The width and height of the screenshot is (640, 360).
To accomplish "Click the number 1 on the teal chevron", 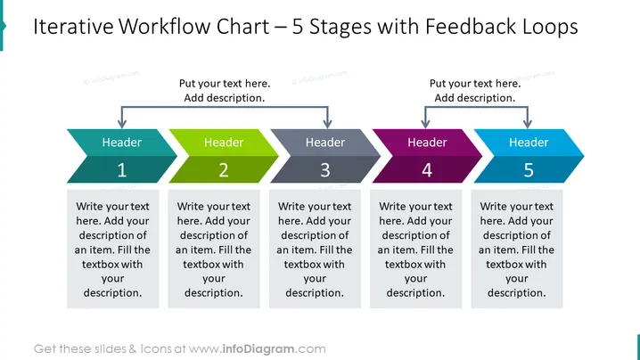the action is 121,170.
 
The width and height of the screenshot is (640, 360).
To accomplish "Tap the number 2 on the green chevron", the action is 223,170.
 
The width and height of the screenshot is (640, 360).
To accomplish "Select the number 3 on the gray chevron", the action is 324,170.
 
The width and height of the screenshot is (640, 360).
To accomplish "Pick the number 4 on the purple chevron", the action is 427,170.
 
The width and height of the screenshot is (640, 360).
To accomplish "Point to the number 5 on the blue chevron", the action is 529,170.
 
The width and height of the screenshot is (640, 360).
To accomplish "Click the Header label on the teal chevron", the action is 121,142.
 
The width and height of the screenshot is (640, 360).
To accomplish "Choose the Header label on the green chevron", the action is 223,142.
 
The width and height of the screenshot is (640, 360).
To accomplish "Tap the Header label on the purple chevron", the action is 427,142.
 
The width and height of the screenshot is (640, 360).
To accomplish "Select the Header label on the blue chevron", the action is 529,142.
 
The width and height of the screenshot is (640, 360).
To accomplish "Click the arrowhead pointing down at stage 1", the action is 121,124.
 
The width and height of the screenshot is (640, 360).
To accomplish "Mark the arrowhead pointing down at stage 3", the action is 327,124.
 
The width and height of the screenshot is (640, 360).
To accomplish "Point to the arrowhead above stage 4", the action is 425,124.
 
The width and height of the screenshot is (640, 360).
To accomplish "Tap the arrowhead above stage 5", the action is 528,124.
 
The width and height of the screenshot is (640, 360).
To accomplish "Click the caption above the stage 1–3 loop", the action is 225,91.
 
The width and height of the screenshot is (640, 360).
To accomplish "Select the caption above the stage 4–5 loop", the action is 475,91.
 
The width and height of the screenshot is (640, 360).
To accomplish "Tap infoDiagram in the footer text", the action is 258,349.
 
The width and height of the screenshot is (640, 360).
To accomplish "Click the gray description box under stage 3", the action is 315,249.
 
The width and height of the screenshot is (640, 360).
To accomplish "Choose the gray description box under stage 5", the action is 517,249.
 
